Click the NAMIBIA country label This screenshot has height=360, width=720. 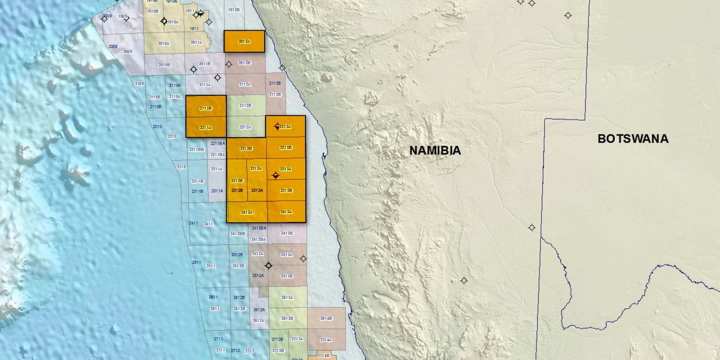435,150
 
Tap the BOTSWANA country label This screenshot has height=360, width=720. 633,139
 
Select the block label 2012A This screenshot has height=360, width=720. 244,42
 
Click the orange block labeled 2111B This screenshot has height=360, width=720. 206,108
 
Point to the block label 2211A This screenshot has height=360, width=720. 206,128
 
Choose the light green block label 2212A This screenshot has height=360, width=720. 245,127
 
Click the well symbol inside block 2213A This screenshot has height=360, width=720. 277,126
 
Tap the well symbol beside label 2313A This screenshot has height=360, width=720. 276,175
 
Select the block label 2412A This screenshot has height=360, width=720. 247,212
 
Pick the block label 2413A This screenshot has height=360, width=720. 286,212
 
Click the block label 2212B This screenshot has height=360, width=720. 246,148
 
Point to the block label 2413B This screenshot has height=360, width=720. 287,234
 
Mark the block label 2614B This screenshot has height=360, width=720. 326,319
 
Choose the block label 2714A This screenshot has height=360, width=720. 326,340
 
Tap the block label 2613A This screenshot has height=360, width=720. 287,298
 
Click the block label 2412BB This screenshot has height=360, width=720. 238,234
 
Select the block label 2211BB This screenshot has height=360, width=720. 197,149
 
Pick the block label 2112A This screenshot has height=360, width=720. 245,85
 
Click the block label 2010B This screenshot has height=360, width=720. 164,65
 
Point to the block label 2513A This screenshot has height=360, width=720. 287,255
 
